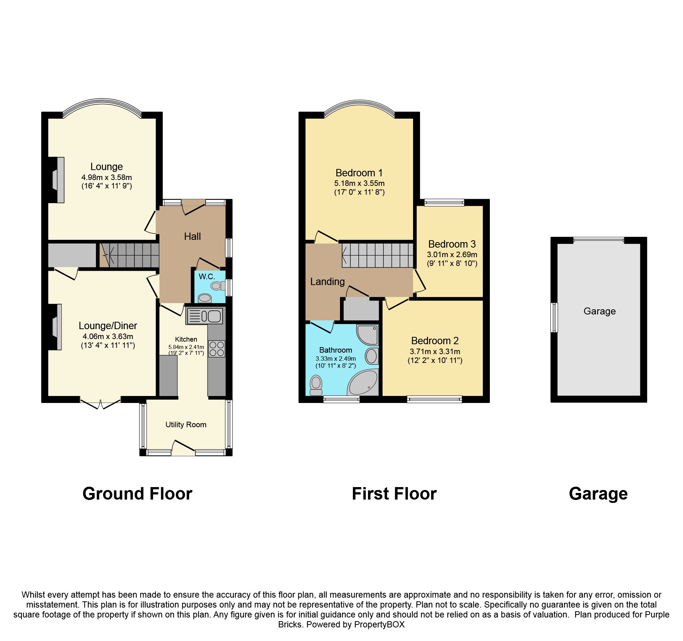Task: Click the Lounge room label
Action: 106,167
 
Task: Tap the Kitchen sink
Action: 205,316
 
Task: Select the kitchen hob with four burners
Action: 217,349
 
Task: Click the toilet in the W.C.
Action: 217,285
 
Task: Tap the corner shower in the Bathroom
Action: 367,335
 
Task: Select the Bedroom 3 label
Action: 452,244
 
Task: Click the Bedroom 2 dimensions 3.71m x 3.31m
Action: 435,352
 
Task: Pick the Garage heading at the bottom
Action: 598,494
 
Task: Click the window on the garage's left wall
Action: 554,317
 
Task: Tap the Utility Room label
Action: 186,425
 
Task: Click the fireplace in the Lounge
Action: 57,180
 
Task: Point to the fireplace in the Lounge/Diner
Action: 55,327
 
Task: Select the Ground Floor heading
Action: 137,494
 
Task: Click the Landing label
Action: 327,282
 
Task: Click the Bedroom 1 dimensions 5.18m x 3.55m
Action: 359,183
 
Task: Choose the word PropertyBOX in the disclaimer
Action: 379,624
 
